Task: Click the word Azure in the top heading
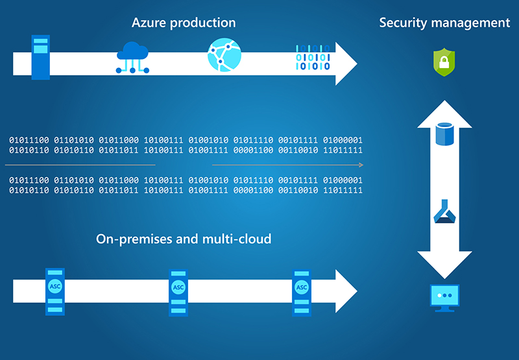click(149, 23)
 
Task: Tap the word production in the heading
click(203, 23)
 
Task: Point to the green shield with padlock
click(444, 62)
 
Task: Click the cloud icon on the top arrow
click(132, 57)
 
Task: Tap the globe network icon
click(224, 54)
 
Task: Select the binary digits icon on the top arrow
click(313, 57)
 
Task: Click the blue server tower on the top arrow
click(41, 57)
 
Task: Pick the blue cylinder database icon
click(444, 134)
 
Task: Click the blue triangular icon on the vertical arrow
click(444, 211)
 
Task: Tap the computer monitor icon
click(444, 298)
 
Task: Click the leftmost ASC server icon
click(55, 291)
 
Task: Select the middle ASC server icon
click(178, 293)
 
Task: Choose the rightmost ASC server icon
click(302, 293)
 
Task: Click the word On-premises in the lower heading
click(134, 239)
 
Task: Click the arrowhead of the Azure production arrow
click(346, 64)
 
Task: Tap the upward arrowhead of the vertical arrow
click(444, 114)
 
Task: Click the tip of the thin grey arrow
click(363, 165)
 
